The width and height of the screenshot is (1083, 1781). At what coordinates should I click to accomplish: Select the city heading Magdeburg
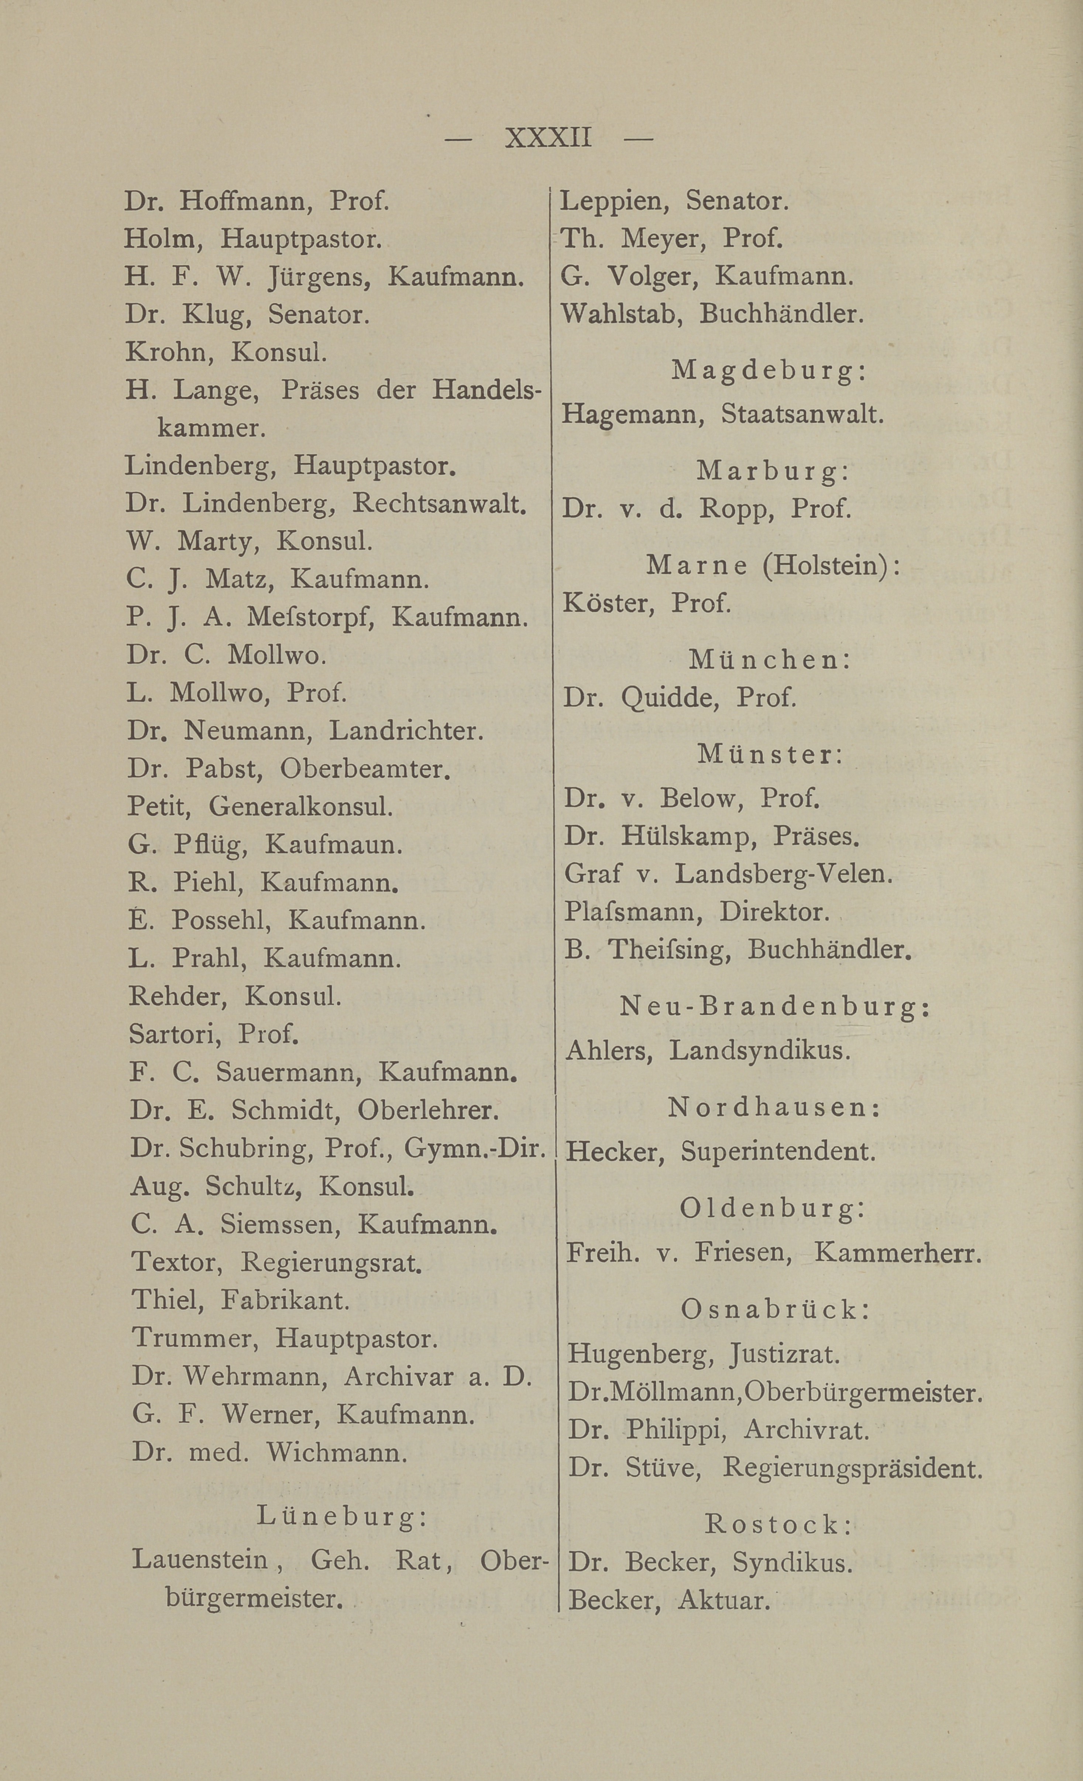coord(769,371)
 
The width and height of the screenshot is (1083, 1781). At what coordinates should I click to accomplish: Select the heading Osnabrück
coord(775,1309)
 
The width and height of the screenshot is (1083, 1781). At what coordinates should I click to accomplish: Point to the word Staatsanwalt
coord(802,414)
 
